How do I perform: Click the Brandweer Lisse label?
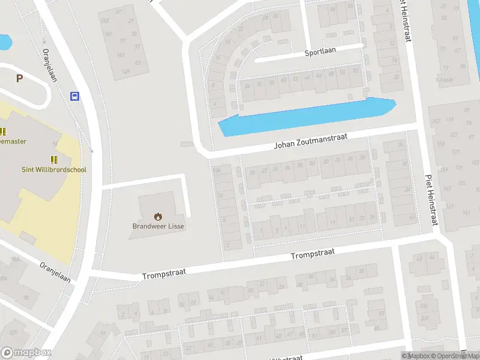tap(158, 226)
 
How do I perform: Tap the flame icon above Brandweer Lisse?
tap(158, 216)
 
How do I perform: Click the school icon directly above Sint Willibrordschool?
tap(55, 160)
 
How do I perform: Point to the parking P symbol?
tap(19, 78)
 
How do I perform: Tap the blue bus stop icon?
tap(75, 96)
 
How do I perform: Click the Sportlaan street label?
tap(320, 52)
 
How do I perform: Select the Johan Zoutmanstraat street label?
tap(311, 140)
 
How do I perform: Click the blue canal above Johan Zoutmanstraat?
tap(306, 116)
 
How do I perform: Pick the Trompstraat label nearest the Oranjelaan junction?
tap(164, 274)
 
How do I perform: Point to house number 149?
tap(125, 72)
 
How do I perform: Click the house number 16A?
tap(218, 172)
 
